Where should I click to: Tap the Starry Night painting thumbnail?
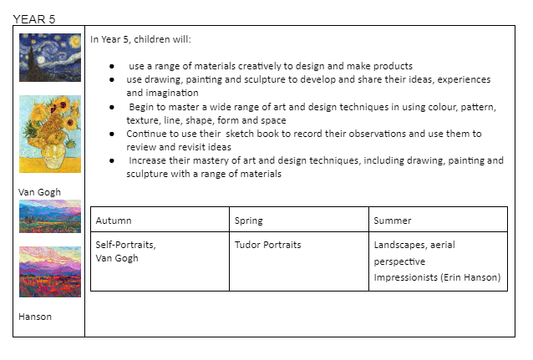(x=49, y=58)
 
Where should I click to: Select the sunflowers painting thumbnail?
(x=49, y=134)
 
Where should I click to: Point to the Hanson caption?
(x=34, y=317)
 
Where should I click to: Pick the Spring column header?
(x=249, y=221)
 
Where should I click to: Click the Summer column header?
(x=393, y=221)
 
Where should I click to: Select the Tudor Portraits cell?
(x=267, y=245)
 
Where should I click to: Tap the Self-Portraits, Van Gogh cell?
(x=125, y=251)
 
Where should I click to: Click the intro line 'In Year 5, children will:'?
(x=140, y=39)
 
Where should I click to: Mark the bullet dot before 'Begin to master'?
(x=111, y=108)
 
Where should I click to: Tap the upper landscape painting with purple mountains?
(x=49, y=216)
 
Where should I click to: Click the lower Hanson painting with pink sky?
(x=49, y=271)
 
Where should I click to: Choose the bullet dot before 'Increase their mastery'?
(x=111, y=160)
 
